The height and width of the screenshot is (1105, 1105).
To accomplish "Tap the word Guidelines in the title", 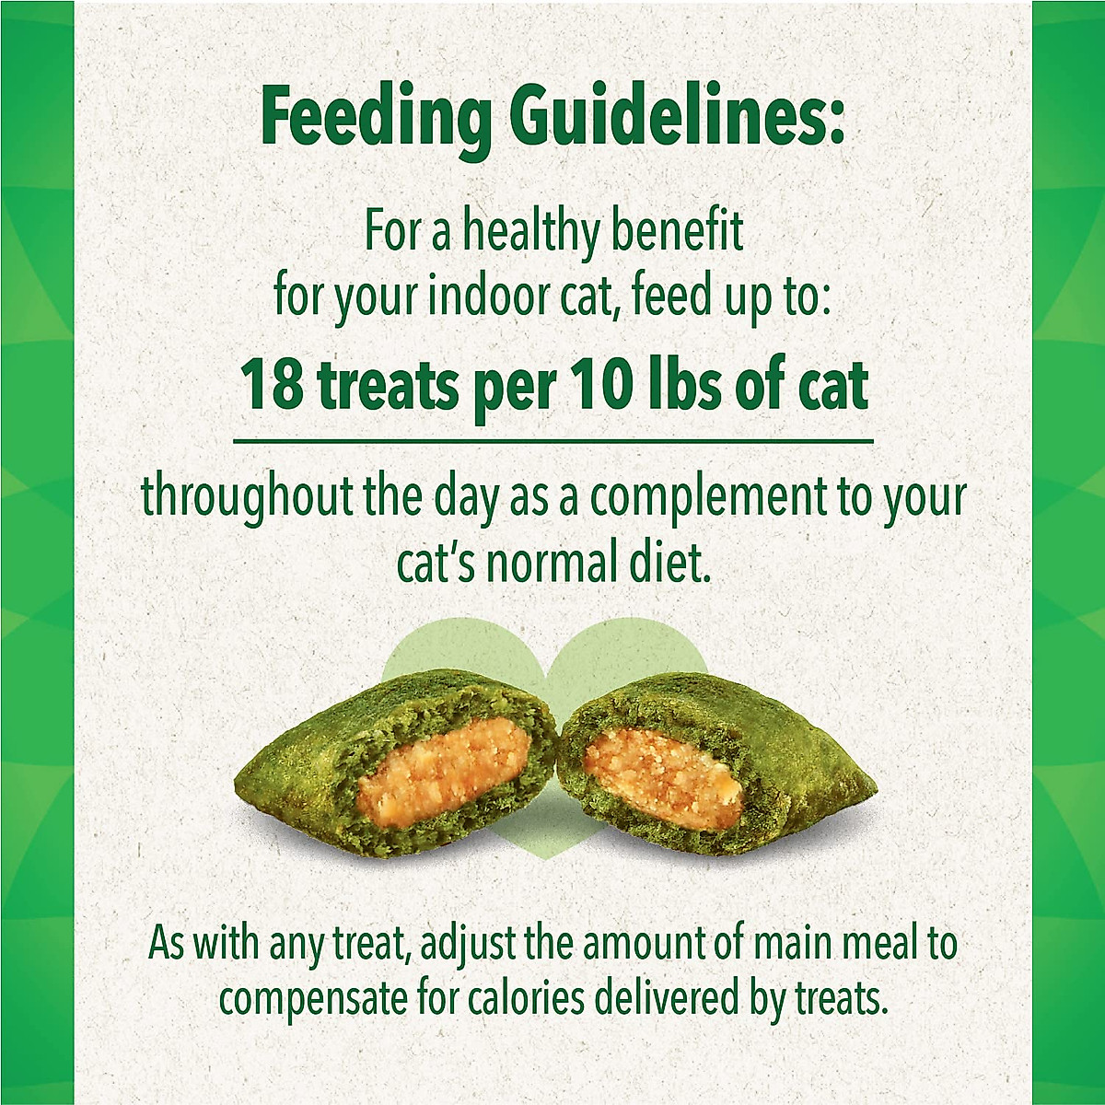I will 677,118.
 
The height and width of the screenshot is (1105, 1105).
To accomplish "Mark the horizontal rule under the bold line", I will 552,442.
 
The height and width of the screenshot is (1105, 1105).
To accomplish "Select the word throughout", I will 246,497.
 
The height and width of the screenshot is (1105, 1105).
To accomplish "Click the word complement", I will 709,497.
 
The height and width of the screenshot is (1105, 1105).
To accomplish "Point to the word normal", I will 550,564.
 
